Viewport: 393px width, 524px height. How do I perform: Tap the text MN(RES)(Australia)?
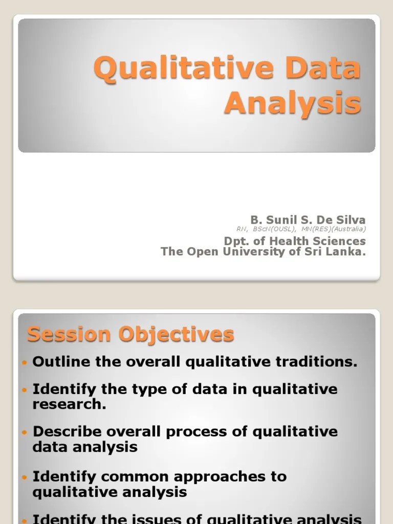point(335,229)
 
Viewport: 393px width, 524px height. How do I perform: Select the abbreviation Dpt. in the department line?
point(236,241)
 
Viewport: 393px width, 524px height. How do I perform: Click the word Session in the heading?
point(69,335)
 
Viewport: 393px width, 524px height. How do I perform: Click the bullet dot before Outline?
point(25,362)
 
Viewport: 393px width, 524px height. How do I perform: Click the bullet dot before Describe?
point(25,432)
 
